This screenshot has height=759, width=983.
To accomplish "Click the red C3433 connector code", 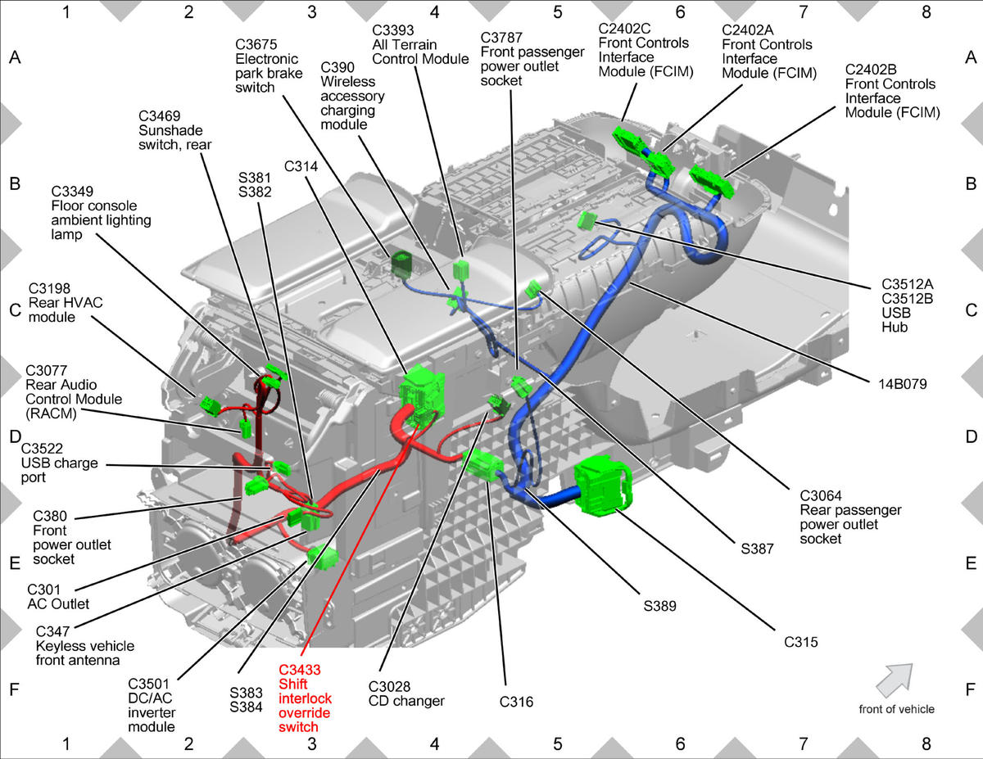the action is [x=300, y=670].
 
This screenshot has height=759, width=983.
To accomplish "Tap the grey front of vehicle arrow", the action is [x=895, y=680].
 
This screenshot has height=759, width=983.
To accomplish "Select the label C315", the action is [x=800, y=642].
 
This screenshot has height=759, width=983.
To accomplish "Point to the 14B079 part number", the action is [x=903, y=384].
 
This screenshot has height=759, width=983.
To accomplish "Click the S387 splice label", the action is [x=757, y=549].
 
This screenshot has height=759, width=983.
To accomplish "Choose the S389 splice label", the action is [x=660, y=606].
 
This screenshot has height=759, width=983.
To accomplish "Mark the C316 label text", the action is [x=516, y=702].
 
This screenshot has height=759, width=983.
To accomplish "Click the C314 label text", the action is [x=301, y=166].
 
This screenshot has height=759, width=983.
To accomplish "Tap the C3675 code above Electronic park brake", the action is [x=256, y=44].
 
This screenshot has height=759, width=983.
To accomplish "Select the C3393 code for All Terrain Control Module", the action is [x=392, y=30].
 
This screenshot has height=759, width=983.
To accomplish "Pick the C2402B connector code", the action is [x=871, y=70].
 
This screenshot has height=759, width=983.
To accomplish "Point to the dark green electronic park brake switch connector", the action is [x=401, y=264].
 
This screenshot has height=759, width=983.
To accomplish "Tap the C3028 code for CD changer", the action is [x=389, y=686].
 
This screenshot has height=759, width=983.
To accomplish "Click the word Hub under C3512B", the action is [x=895, y=327].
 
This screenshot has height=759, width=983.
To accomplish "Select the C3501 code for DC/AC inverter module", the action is [x=148, y=684].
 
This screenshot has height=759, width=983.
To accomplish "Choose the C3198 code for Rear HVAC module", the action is [x=49, y=288].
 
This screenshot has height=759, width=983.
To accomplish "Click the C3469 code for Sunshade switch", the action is [x=159, y=116].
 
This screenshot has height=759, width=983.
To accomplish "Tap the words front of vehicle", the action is [x=897, y=709].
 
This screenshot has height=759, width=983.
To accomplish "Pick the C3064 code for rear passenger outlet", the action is [x=821, y=496].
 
